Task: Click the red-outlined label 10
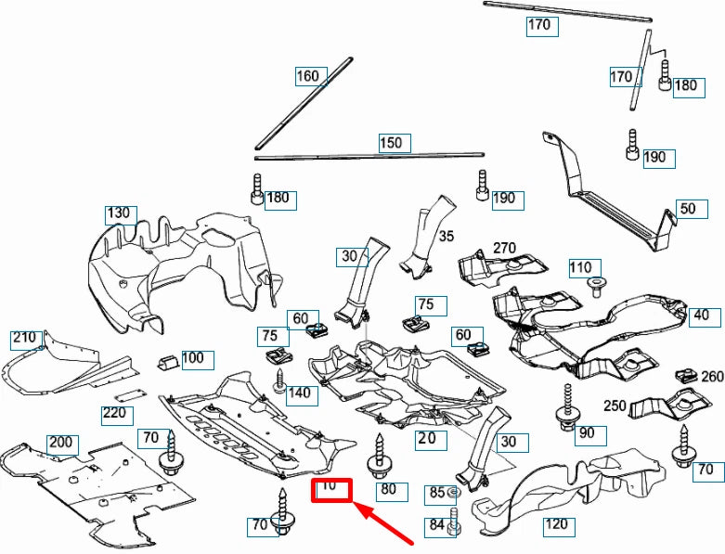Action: [x=330, y=489]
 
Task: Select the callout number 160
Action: [x=308, y=76]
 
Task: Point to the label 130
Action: [x=119, y=214]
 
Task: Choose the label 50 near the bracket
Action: [x=687, y=209]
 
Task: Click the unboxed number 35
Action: [x=447, y=237]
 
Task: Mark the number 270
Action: [x=504, y=248]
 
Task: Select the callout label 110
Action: [x=580, y=268]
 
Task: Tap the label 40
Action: [x=701, y=316]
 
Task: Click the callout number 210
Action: [x=24, y=338]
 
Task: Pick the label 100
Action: [x=193, y=358]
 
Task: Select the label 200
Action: [x=61, y=444]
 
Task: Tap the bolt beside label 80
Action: [x=379, y=456]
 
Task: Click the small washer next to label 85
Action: [x=453, y=493]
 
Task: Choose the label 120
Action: [x=556, y=525]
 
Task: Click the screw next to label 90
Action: [x=565, y=407]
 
